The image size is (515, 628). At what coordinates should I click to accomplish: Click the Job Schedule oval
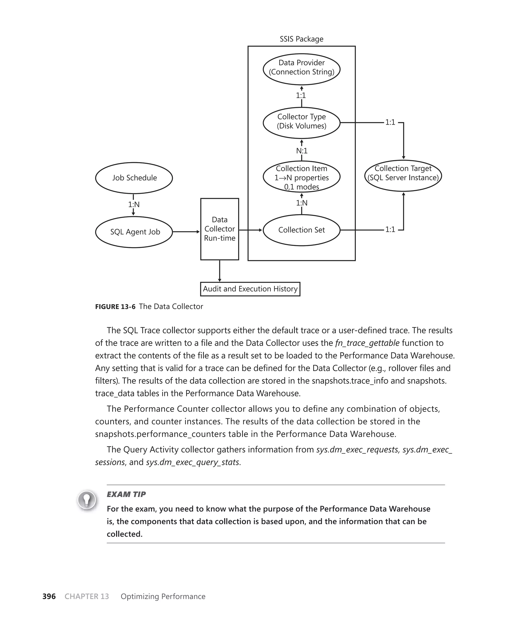pos(134,178)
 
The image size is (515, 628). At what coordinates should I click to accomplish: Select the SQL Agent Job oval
pos(134,232)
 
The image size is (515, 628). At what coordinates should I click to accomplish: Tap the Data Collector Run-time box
pos(220,229)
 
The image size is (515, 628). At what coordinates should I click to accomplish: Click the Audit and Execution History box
pos(250,289)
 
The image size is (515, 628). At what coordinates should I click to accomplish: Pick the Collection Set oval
pos(302,230)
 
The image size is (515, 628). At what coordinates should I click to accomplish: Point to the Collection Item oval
pos(302,177)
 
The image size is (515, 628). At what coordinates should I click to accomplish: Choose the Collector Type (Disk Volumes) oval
pos(302,122)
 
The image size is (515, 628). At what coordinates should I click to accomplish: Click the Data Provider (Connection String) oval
pos(302,68)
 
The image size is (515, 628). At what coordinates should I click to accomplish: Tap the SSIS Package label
pos(302,39)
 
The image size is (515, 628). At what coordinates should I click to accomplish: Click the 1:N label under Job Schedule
pos(134,205)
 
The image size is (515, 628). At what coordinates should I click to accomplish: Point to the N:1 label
pos(302,151)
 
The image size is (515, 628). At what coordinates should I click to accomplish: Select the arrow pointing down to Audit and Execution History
pos(220,271)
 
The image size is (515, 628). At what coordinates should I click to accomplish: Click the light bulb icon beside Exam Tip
pos(87,500)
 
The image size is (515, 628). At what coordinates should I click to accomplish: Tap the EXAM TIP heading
pos(126,494)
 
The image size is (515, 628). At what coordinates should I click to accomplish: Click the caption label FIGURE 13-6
pos(115,307)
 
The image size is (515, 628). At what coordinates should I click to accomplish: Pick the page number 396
pos(49,596)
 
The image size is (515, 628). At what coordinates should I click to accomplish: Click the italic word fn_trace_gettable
pos(367,343)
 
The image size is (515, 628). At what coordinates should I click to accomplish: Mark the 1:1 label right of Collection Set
pos(390,230)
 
